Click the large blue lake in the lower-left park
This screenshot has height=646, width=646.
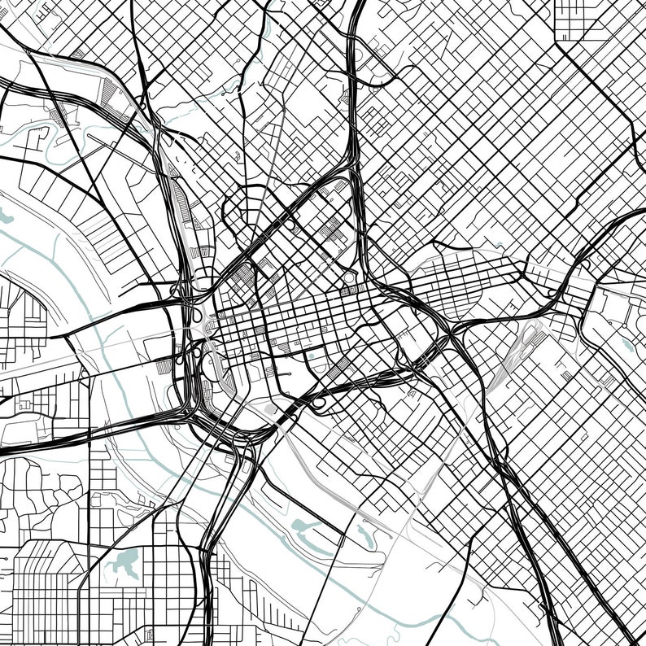pyautogui.click(x=127, y=561)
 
